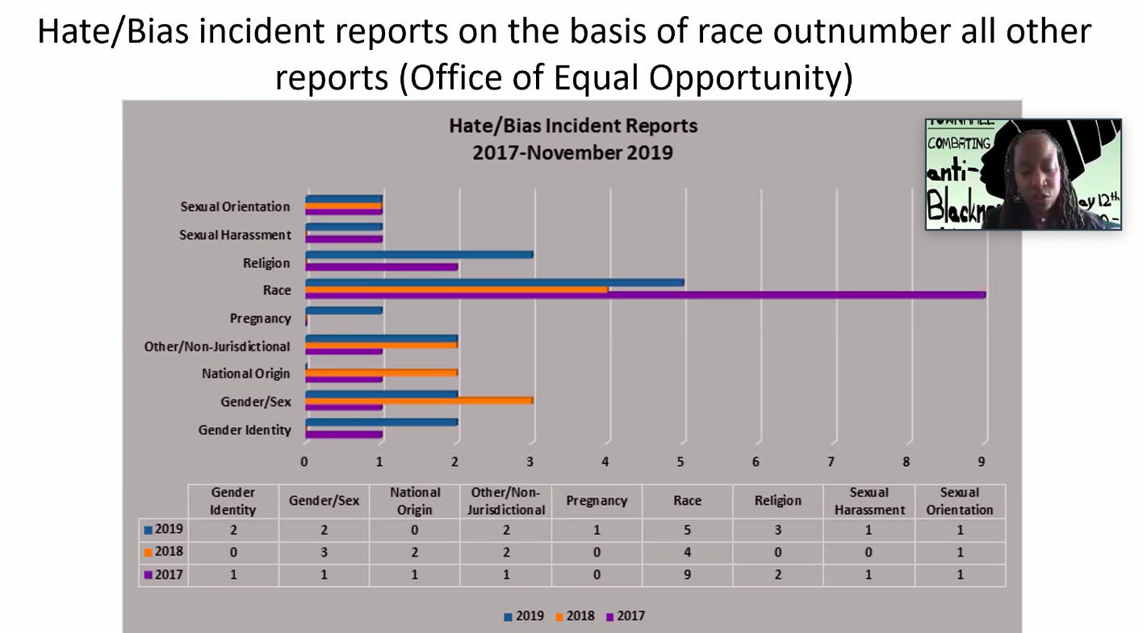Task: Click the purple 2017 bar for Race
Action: [646, 295]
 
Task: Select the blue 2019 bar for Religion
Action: [420, 255]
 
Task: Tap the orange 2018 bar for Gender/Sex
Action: [420, 400]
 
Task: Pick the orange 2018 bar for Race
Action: [457, 289]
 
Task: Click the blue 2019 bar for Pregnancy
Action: [344, 310]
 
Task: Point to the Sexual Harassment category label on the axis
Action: [235, 235]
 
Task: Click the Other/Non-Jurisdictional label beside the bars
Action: [217, 346]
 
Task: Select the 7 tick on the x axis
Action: [831, 462]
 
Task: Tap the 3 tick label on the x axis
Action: [530, 462]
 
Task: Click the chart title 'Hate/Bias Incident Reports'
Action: [573, 126]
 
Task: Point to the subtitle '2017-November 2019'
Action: [573, 152]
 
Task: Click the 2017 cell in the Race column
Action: [687, 575]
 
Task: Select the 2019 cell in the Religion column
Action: [777, 530]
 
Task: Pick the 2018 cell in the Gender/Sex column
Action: [324, 552]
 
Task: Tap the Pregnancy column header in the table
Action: [597, 500]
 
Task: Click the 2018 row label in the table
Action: [165, 552]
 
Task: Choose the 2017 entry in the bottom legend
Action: [626, 616]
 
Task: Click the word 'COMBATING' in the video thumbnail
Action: [959, 143]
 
